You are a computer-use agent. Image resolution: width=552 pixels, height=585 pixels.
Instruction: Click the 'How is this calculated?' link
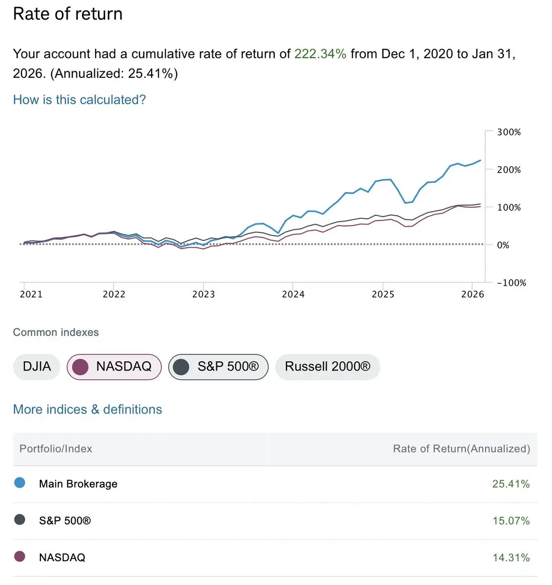click(79, 100)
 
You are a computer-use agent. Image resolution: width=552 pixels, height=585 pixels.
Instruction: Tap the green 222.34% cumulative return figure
click(320, 54)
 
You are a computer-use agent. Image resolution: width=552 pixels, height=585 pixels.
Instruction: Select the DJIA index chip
click(37, 367)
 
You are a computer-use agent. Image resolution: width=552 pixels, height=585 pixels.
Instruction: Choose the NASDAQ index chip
click(114, 367)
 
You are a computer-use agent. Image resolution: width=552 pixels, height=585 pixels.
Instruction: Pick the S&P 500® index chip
click(218, 367)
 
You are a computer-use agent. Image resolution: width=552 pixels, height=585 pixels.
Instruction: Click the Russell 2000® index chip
click(327, 367)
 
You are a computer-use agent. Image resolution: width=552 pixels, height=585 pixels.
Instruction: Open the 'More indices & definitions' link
click(87, 409)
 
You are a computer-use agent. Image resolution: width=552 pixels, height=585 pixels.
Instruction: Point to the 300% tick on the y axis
click(509, 132)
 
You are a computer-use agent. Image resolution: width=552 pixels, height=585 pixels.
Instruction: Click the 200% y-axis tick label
click(509, 170)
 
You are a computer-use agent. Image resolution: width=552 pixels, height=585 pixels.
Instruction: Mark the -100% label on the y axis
click(511, 283)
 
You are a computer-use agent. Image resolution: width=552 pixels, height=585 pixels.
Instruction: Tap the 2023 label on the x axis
click(204, 294)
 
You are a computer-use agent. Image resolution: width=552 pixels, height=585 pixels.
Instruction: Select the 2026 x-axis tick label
click(473, 294)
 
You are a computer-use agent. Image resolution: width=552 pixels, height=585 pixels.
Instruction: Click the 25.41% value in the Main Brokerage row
click(511, 484)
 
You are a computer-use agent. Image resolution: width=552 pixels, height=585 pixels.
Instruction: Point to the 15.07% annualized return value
click(511, 521)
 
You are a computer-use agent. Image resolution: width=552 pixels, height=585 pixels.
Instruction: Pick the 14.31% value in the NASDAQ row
click(511, 558)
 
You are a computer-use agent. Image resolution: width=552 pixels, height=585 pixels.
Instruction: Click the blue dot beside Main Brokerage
click(20, 483)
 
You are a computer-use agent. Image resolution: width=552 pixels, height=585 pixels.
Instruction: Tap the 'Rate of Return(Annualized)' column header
click(461, 449)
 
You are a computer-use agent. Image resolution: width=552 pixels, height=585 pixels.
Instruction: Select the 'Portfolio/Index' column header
click(56, 449)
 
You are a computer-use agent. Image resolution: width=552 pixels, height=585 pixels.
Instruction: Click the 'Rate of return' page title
click(68, 14)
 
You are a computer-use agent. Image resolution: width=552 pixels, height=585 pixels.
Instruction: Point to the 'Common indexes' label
click(56, 332)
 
